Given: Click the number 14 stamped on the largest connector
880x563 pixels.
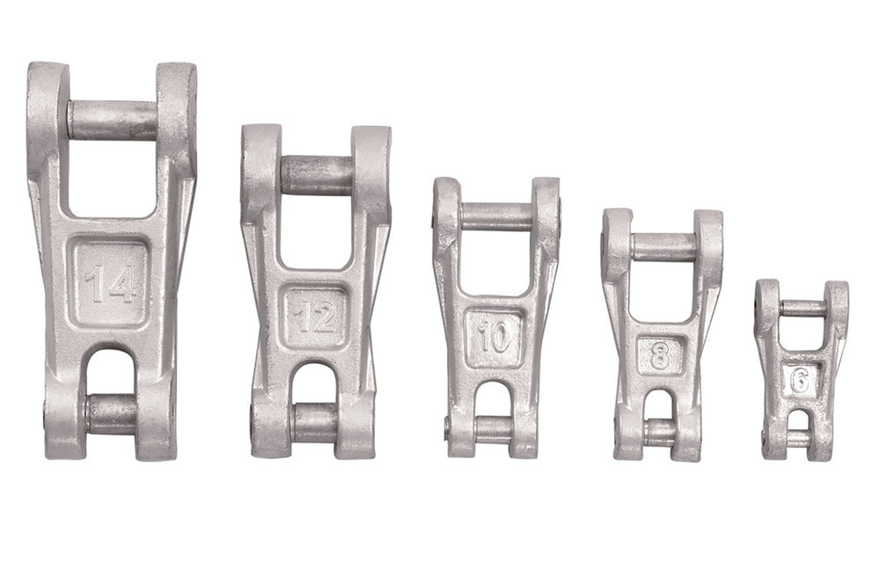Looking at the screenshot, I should tap(111, 284).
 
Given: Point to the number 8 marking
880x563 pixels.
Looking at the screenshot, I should tap(660, 356).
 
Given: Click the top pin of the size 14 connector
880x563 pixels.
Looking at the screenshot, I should tap(113, 121).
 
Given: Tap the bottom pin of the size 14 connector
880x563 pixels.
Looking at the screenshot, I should tap(112, 413).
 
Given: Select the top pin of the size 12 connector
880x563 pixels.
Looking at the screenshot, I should tap(317, 175).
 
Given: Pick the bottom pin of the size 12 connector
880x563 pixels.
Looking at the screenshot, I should tap(315, 422).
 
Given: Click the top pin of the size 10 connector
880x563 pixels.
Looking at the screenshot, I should tap(495, 216).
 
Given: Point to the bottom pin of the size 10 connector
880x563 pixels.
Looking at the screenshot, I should tap(494, 429).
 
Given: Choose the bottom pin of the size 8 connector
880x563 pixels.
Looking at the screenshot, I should tap(660, 432).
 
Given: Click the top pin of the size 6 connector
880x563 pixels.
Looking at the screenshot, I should tap(802, 309).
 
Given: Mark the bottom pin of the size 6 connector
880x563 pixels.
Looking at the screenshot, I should tap(799, 438).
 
